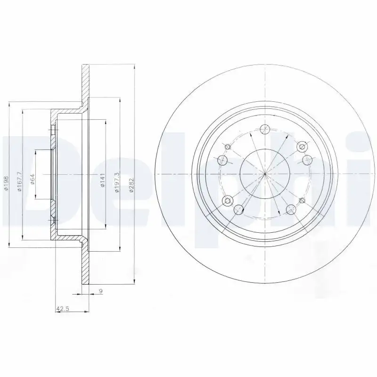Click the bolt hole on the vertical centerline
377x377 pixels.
point(265,129)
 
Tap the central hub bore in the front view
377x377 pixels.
point(265,174)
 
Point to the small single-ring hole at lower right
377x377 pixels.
point(302,202)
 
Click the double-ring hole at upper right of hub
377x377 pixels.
point(302,146)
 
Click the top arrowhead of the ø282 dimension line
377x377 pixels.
point(135,66)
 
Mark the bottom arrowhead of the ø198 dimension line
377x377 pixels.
point(9,245)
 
